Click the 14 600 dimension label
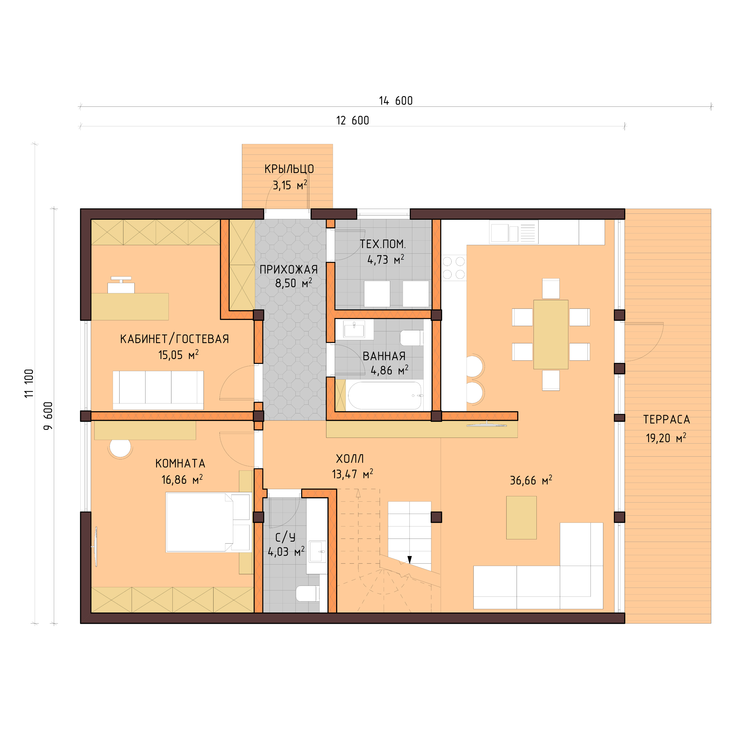click(396, 101)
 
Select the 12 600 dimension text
click(352, 121)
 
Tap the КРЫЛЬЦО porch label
click(289, 169)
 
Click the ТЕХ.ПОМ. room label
click(383, 244)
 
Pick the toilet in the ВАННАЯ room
click(411, 338)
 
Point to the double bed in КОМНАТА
click(208, 522)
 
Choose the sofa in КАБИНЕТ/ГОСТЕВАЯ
click(158, 390)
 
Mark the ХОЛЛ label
click(350, 459)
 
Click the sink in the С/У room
click(317, 552)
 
